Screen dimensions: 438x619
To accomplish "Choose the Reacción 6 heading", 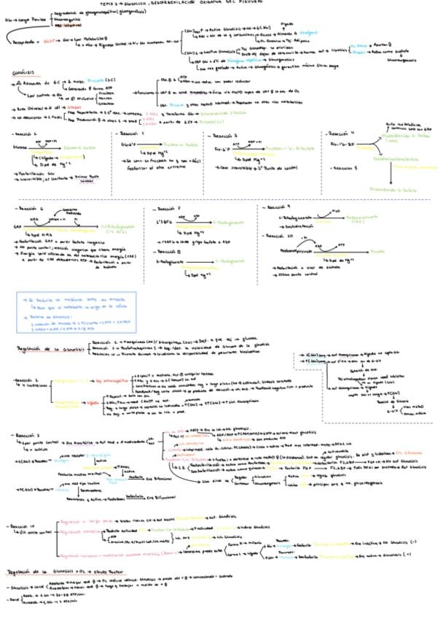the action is click(31, 208).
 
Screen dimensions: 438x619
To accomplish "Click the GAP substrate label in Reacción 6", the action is click(17, 226).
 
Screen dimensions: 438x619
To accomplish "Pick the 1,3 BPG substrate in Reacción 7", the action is click(166, 220).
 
